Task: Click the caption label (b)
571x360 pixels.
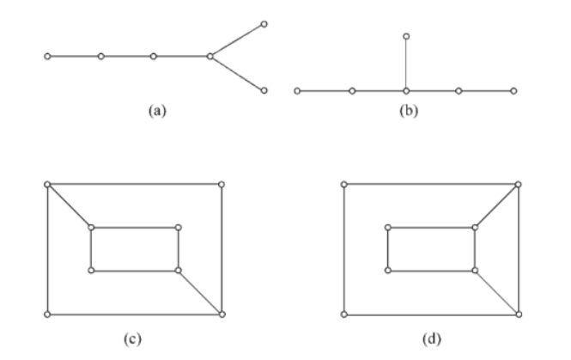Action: pyautogui.click(x=407, y=112)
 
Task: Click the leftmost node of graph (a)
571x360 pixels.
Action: pyautogui.click(x=47, y=57)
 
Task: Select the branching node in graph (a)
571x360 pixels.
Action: pyautogui.click(x=210, y=57)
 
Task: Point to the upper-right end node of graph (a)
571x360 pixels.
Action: pyautogui.click(x=264, y=23)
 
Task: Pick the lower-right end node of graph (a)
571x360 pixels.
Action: pyautogui.click(x=264, y=89)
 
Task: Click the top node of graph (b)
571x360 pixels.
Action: pyautogui.click(x=406, y=36)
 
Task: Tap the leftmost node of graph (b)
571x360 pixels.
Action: pyautogui.click(x=297, y=90)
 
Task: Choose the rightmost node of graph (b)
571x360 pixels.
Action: pyautogui.click(x=514, y=90)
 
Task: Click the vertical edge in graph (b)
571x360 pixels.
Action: pyautogui.click(x=406, y=64)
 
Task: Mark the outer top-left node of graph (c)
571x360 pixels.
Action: pyautogui.click(x=47, y=184)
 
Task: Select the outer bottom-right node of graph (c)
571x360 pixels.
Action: pyautogui.click(x=222, y=314)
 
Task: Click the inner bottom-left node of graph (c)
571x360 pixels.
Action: pyautogui.click(x=91, y=271)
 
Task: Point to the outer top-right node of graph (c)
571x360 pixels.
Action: pyautogui.click(x=222, y=184)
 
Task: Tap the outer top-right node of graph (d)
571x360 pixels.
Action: pyautogui.click(x=519, y=184)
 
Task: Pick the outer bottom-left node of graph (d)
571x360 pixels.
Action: pyautogui.click(x=344, y=314)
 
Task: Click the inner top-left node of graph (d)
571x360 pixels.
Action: pyautogui.click(x=388, y=228)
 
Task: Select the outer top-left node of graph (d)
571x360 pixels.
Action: pyautogui.click(x=344, y=184)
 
